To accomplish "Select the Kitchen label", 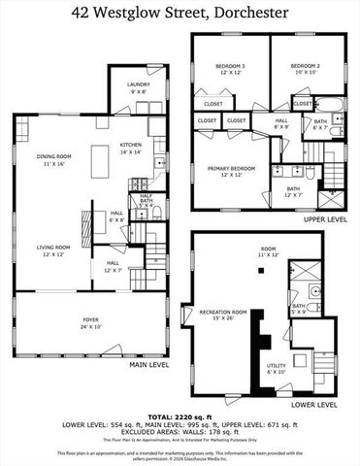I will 131,147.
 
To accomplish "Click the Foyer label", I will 90,321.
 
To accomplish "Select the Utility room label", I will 277,367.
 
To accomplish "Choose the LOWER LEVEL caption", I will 313,404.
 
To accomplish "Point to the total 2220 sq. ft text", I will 180,415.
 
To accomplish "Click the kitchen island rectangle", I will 99,158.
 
